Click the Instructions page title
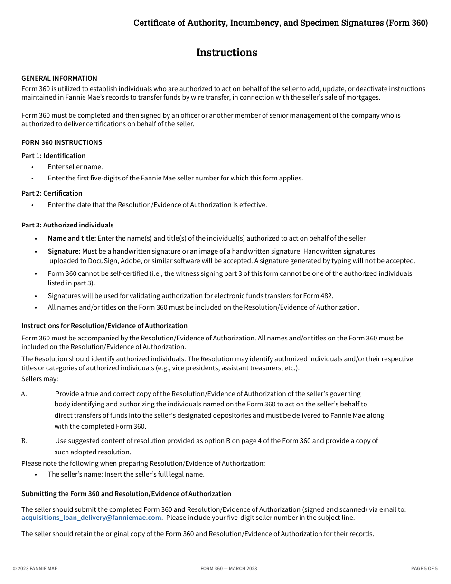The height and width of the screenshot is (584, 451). (x=226, y=53)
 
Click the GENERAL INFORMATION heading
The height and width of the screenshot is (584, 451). (x=59, y=78)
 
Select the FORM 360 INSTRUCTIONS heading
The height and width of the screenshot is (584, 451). (x=61, y=142)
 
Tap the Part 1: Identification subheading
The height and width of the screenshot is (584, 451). (x=53, y=156)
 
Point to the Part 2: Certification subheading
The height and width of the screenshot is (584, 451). (x=51, y=193)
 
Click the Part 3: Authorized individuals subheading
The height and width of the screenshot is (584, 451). (x=67, y=225)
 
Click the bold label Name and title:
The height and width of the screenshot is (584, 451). (x=72, y=238)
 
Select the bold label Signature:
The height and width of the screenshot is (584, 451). (x=64, y=251)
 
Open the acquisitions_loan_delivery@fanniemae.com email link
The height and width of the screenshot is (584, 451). (x=92, y=518)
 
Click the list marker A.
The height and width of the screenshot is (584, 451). (x=24, y=394)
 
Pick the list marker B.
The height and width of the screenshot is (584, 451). (x=24, y=441)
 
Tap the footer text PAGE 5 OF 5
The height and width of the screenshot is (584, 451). (x=424, y=568)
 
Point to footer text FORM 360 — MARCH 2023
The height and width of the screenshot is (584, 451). (x=228, y=568)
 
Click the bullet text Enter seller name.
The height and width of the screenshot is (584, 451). (x=75, y=167)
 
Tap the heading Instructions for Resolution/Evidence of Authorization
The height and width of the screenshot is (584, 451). (x=104, y=326)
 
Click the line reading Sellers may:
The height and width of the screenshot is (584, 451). (x=40, y=379)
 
